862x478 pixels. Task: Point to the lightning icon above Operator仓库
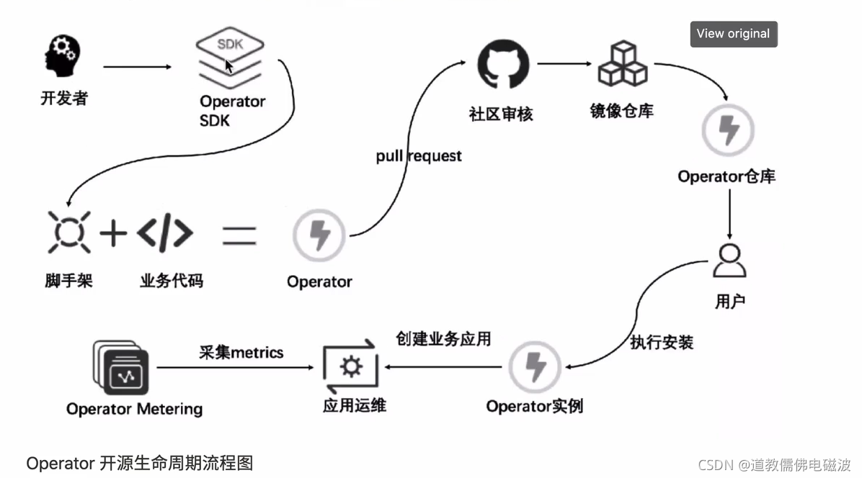[x=728, y=131]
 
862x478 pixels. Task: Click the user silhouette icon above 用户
[x=729, y=261]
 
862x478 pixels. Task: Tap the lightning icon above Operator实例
[x=535, y=367]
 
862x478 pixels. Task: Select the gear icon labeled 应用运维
[x=350, y=368]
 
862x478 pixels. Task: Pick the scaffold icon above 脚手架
[x=69, y=233]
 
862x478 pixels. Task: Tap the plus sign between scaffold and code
[x=113, y=233]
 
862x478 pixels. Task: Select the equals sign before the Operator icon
[x=239, y=235]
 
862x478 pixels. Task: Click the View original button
[x=733, y=34]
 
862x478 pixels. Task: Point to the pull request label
[x=419, y=155]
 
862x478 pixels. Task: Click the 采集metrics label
[x=241, y=353]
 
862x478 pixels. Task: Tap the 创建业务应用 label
[x=443, y=338]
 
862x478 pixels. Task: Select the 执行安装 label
[x=662, y=343]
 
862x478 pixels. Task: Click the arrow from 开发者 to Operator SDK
[x=137, y=67]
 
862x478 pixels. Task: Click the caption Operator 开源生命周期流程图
[x=140, y=463]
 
